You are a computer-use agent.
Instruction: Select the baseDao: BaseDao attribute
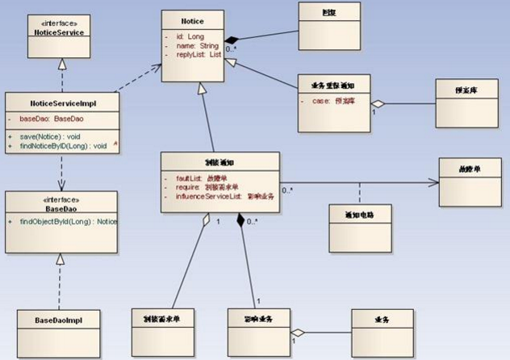[51, 118]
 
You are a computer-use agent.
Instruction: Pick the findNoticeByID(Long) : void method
[61, 146]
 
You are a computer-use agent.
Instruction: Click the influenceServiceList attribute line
[218, 195]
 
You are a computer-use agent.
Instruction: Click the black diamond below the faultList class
[240, 220]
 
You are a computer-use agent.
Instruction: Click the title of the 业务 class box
[382, 320]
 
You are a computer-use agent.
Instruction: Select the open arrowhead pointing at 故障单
[435, 182]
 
